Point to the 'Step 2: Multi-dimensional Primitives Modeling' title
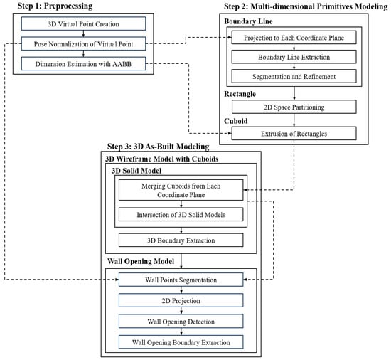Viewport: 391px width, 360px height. pyautogui.click(x=299, y=6)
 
